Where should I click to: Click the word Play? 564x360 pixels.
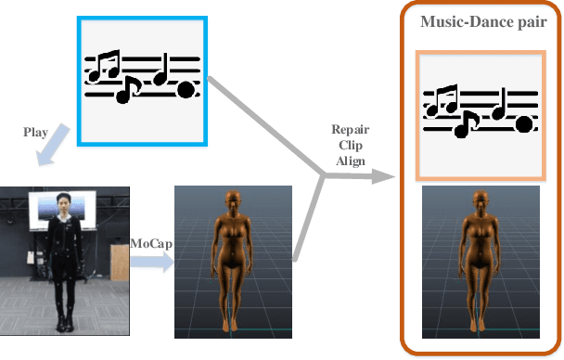[x=35, y=133]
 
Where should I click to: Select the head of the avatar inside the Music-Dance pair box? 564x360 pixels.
[x=480, y=201]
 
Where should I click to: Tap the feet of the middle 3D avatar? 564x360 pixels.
[x=232, y=325]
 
